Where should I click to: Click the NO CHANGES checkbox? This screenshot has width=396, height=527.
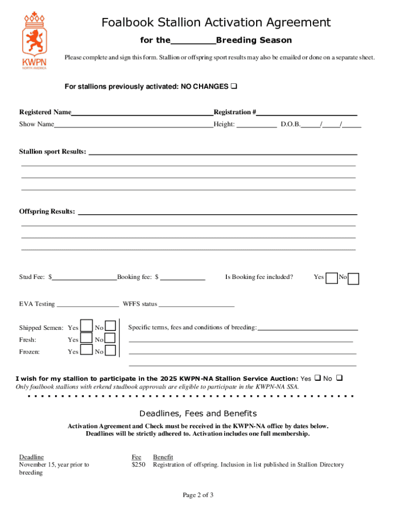pos(233,86)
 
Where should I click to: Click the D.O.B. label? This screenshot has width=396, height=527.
pos(291,124)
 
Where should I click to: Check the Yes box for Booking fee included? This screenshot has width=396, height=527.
pos(332,278)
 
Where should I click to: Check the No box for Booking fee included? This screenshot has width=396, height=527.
pos(354,278)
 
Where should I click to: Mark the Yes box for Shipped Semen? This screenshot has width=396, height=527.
pos(86,327)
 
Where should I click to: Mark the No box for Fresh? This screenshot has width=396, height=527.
pos(110,339)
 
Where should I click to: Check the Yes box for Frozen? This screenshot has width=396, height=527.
pos(86,351)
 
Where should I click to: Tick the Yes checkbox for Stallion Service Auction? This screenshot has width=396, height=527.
pos(317,378)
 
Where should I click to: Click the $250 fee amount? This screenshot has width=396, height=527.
pos(139,465)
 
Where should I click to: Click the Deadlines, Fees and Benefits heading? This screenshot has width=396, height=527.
pos(198,414)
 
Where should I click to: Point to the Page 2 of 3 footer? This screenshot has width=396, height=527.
pos(198,495)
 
